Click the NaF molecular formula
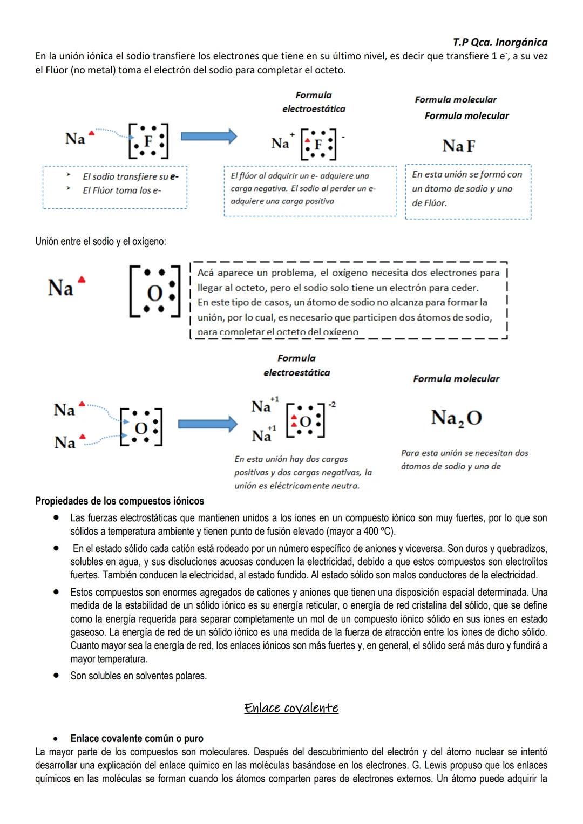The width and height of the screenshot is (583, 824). pos(459,146)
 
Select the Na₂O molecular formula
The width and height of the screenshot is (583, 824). pos(456,418)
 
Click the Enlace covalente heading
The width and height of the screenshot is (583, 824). pos(291,707)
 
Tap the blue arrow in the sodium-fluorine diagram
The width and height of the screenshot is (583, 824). pos(208,137)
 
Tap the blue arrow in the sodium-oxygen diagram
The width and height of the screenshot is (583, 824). pos(207,424)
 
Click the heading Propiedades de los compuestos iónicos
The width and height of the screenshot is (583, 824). pos(119,501)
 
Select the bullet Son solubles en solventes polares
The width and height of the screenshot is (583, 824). pos(138,676)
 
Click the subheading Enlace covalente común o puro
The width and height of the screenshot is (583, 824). pos(137,738)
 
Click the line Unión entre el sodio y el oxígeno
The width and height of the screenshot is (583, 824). pos(100,242)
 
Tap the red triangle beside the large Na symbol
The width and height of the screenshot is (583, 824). pos(82,280)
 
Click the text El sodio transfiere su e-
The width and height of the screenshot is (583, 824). pos(130,176)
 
